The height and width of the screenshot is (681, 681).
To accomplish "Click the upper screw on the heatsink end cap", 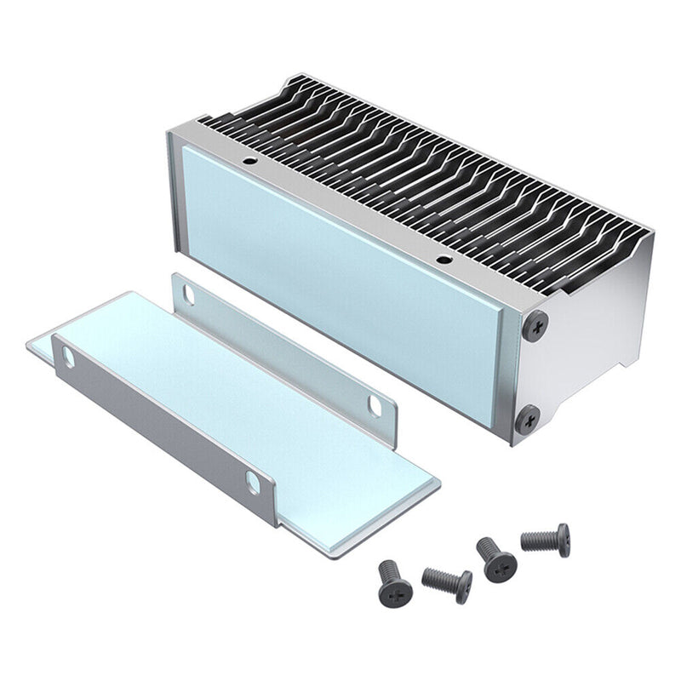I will click(x=535, y=325).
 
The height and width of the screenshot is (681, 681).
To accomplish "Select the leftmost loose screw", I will click(x=394, y=582).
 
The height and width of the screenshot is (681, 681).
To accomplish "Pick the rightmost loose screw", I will click(x=547, y=540).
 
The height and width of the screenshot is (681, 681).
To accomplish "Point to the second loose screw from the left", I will click(x=449, y=583).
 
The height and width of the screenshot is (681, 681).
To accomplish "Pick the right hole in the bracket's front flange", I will click(x=253, y=483).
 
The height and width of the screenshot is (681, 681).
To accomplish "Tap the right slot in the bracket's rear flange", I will click(x=375, y=404).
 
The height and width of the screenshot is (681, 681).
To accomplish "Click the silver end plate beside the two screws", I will click(x=587, y=340).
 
